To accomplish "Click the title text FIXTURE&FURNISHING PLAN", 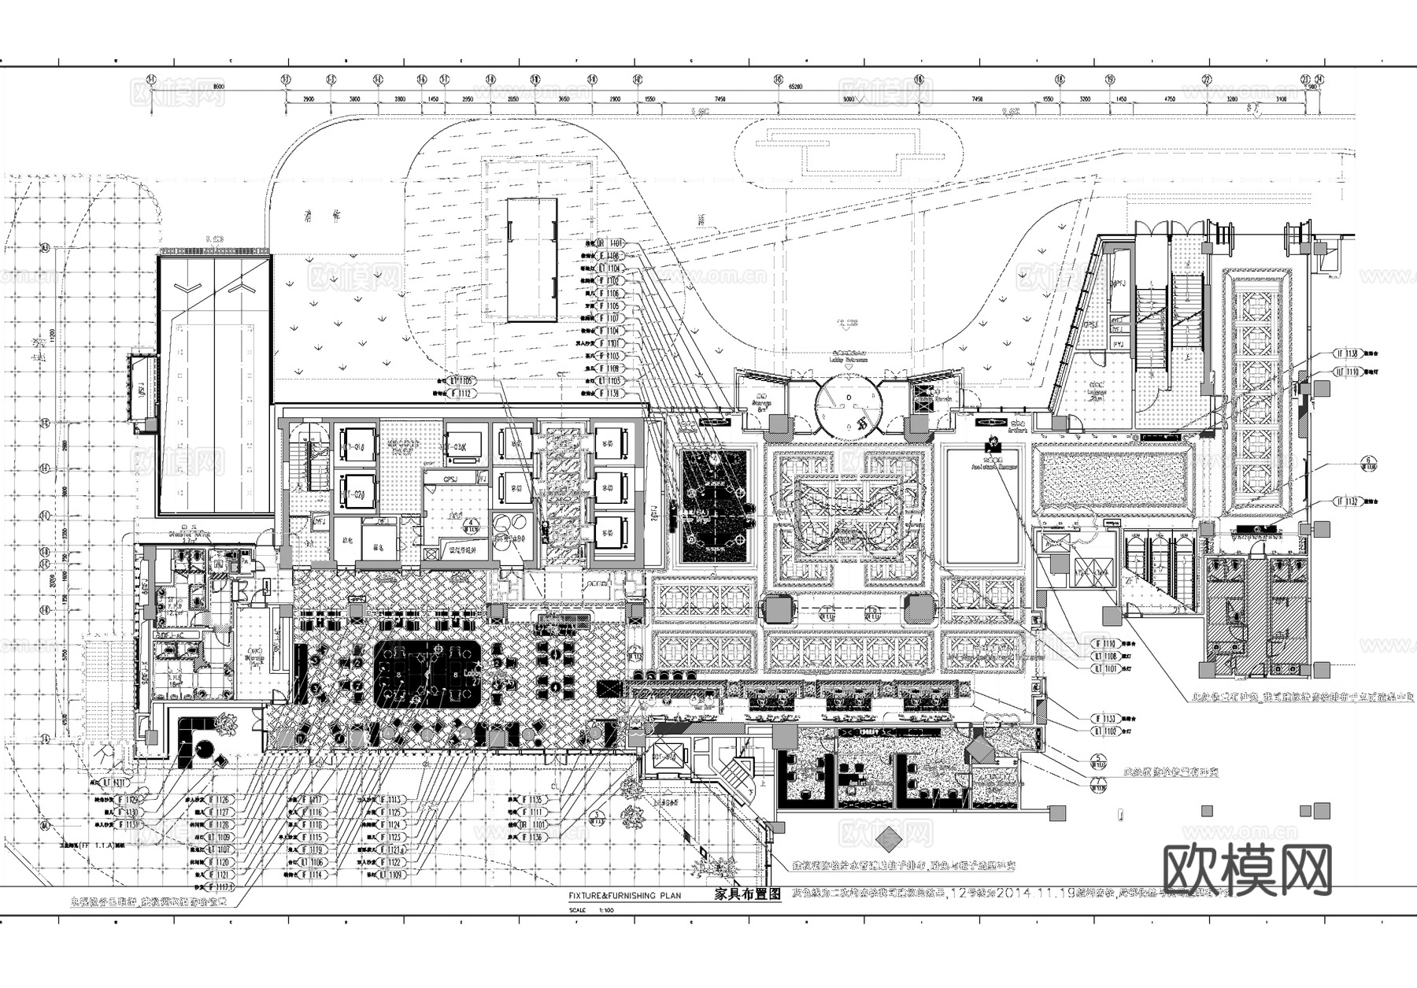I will tap(624, 896).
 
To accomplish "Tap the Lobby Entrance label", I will tap(847, 358).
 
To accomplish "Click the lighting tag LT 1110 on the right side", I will tap(1348, 371).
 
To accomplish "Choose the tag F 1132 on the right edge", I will tap(1348, 501).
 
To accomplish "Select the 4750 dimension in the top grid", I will tap(1169, 99).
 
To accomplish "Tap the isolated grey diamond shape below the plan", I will tap(889, 839).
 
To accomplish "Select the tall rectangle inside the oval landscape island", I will tap(531, 260).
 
